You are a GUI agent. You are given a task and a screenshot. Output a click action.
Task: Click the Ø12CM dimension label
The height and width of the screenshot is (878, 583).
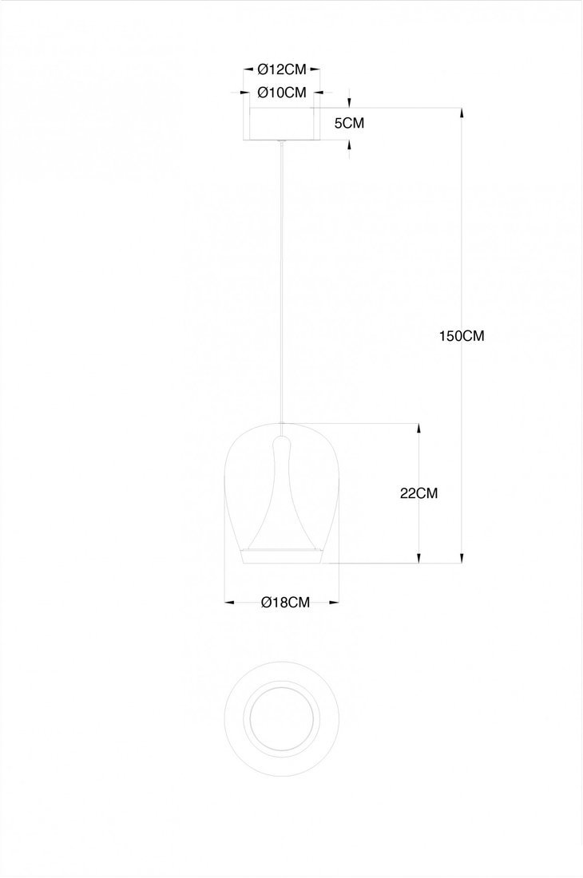tap(282, 69)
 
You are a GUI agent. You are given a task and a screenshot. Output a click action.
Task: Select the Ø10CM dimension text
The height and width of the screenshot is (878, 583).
tap(282, 93)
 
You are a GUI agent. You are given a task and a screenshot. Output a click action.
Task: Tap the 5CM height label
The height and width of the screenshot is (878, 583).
tap(349, 123)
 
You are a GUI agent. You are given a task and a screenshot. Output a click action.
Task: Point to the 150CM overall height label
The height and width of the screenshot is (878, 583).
tap(461, 336)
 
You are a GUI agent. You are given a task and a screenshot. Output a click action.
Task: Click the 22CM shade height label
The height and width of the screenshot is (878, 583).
tap(419, 493)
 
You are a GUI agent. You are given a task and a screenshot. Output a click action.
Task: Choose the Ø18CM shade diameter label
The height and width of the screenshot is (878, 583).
tap(286, 603)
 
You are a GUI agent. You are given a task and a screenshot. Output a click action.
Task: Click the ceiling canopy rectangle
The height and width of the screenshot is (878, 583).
tap(282, 124)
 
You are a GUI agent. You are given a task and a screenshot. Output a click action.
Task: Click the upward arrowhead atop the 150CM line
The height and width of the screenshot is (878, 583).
tap(462, 113)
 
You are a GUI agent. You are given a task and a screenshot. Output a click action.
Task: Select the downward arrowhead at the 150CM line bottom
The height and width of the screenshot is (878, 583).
tap(462, 558)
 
